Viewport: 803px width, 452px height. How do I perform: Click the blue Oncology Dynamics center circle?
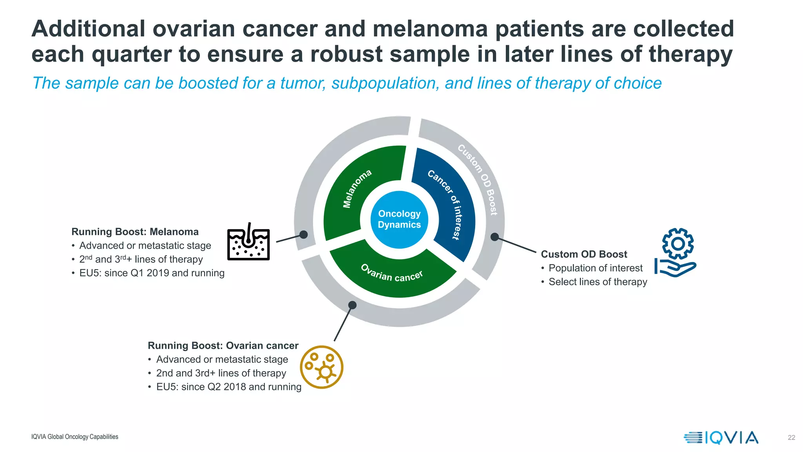(399, 219)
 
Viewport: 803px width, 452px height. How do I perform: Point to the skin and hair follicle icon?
(249, 243)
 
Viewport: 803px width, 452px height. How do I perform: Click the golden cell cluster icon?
(322, 367)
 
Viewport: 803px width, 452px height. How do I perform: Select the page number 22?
(791, 437)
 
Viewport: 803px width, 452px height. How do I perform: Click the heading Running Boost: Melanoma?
(135, 232)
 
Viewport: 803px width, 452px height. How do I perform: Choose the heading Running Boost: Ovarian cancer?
(223, 346)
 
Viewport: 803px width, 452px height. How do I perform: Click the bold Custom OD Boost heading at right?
(584, 254)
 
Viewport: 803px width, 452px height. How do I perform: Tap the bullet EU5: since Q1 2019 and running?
(152, 273)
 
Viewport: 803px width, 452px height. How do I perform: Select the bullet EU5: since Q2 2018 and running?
(229, 387)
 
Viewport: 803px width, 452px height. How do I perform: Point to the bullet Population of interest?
(595, 268)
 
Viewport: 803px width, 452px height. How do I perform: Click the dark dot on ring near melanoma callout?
(303, 235)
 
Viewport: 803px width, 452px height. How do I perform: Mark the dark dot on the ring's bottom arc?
(352, 305)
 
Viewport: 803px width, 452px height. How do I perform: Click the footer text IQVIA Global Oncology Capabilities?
(74, 437)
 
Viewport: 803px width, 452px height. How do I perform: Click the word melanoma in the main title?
(430, 29)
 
